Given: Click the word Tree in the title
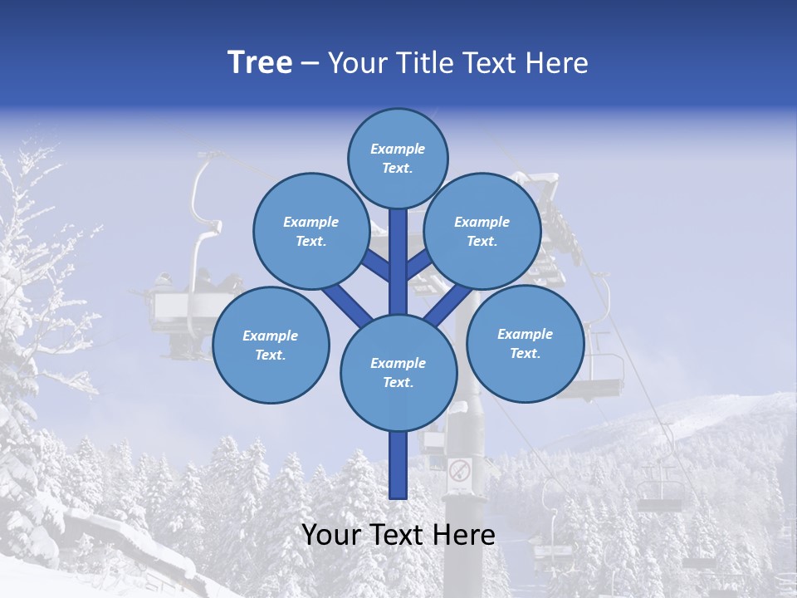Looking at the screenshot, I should point(260,63).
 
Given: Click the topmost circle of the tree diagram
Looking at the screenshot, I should point(398,158).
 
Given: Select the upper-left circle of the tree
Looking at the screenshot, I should point(310,231).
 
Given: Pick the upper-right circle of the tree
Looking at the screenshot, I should point(482,231).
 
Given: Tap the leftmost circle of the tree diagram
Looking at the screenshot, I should point(271,345).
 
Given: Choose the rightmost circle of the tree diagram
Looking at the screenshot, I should point(525,343).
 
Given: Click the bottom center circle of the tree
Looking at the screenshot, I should point(398,372).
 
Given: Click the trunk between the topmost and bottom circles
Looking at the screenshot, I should point(398,262).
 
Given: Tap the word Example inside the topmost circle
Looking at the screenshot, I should point(398,149).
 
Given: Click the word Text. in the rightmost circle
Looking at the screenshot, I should point(525,353).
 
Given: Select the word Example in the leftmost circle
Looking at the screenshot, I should point(270,336).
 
